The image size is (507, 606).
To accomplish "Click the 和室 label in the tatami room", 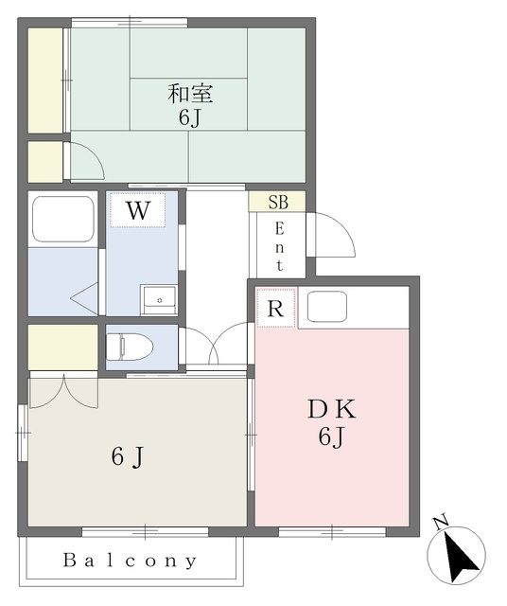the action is tap(190, 94).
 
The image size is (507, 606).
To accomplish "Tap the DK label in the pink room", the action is tap(332, 410).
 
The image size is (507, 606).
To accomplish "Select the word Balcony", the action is tap(131, 561).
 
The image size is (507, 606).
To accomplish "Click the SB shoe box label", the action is tap(278, 202).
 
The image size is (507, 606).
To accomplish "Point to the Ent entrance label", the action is tap(279, 247).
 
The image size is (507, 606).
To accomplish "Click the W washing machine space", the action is tap(138, 210).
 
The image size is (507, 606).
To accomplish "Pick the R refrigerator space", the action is tap(275, 308).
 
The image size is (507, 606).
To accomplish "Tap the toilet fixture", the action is tap(130, 347).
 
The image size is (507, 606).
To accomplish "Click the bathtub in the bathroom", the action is tap(63, 219).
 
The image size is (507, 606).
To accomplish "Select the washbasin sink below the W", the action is tap(159, 300).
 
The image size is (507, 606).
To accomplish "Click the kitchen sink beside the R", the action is tap(326, 306).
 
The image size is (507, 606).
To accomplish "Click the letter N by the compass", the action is tap(441, 523).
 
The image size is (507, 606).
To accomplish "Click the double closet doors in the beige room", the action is tap(63, 391).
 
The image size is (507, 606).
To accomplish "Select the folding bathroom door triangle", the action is tap(84, 298).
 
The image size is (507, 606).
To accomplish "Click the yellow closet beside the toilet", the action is tap(63, 347).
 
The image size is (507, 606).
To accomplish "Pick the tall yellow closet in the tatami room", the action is tap(45, 80).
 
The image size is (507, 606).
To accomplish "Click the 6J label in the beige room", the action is tap(128, 457).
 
